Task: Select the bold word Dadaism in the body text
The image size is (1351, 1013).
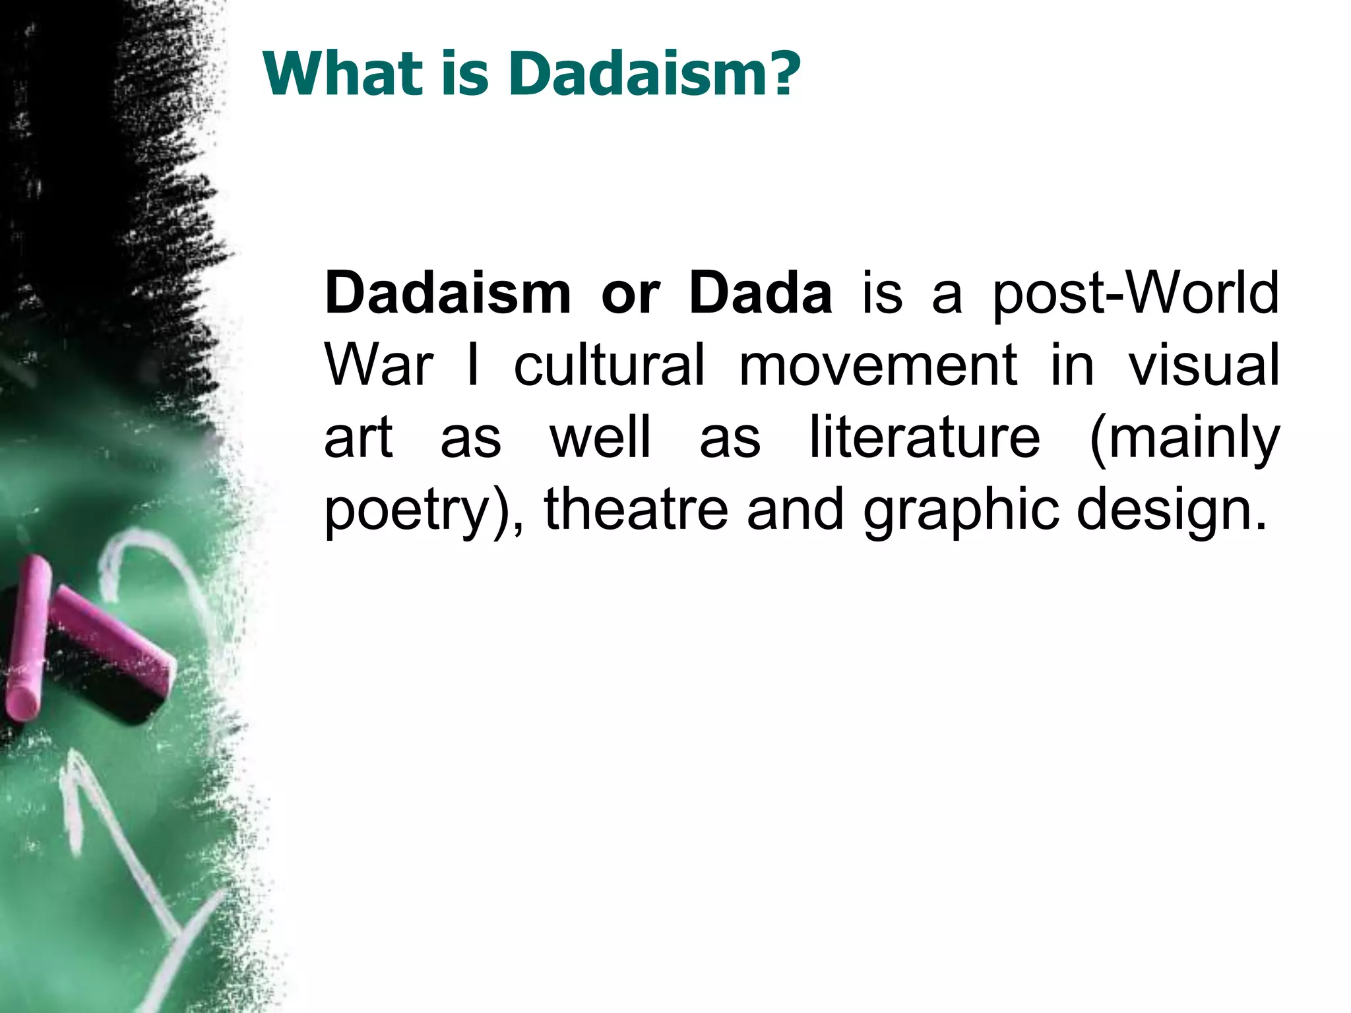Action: click(447, 293)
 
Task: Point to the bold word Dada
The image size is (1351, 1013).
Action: click(760, 293)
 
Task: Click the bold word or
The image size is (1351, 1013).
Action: click(630, 295)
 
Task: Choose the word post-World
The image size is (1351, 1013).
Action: click(1135, 295)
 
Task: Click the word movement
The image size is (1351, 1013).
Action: click(877, 366)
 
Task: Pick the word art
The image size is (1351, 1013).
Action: click(358, 438)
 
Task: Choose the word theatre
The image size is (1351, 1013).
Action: click(636, 509)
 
